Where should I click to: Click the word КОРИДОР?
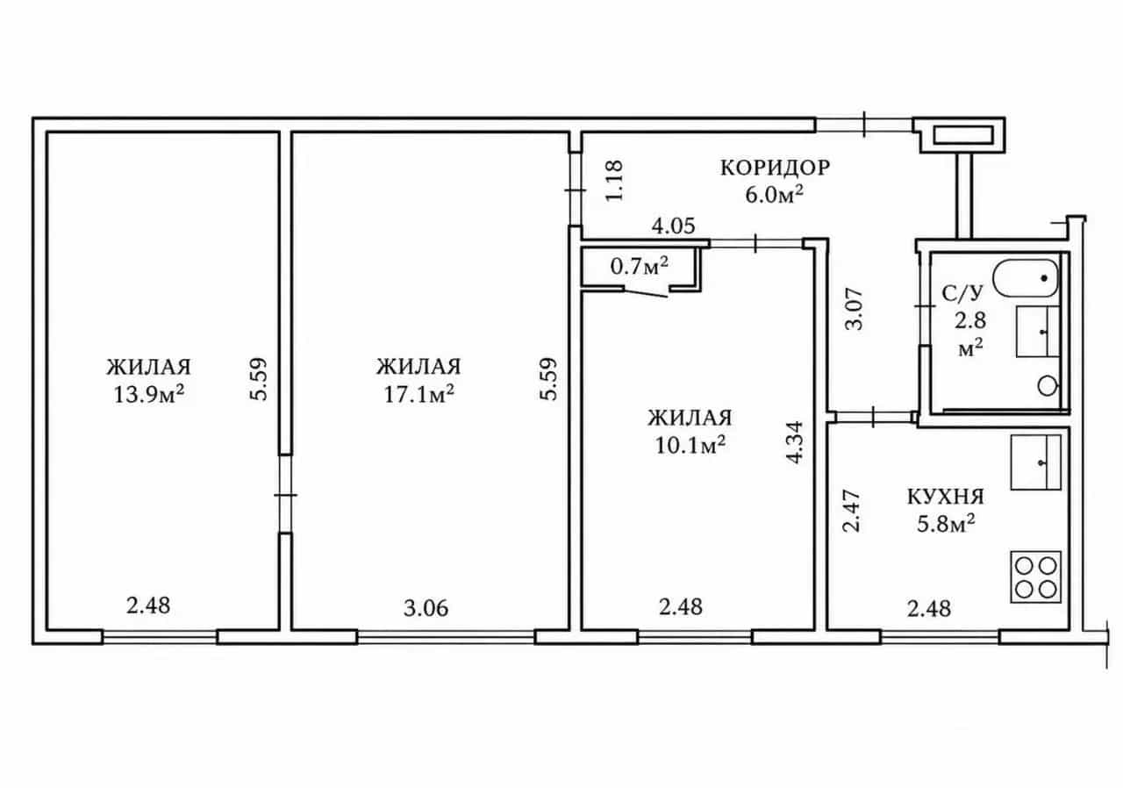click(775, 168)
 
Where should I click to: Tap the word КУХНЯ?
click(946, 497)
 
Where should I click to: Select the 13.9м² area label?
click(148, 395)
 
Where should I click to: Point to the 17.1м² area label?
click(418, 395)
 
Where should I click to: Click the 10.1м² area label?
click(690, 445)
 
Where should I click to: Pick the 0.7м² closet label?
click(640, 266)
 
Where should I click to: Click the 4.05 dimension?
click(673, 226)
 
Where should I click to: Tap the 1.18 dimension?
click(614, 181)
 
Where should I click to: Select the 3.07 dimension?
click(855, 309)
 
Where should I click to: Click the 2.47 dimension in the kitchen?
click(851, 511)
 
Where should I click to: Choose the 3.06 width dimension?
click(426, 608)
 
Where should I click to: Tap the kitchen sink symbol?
click(1036, 462)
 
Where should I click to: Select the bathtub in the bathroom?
click(1026, 278)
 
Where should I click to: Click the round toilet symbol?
click(1047, 386)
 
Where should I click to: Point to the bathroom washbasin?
click(1037, 332)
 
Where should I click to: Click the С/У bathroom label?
click(962, 293)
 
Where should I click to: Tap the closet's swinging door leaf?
click(646, 291)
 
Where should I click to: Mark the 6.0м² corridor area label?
click(774, 195)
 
